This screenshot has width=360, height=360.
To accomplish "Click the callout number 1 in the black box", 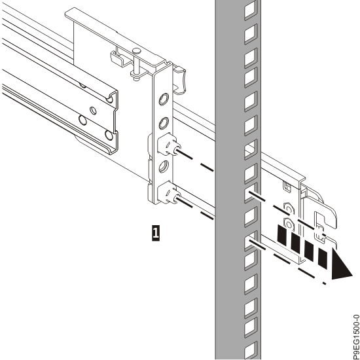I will click(x=154, y=231).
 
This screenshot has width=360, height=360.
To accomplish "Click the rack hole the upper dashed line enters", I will click(x=249, y=194).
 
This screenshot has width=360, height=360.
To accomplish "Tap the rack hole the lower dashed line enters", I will click(x=250, y=244).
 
